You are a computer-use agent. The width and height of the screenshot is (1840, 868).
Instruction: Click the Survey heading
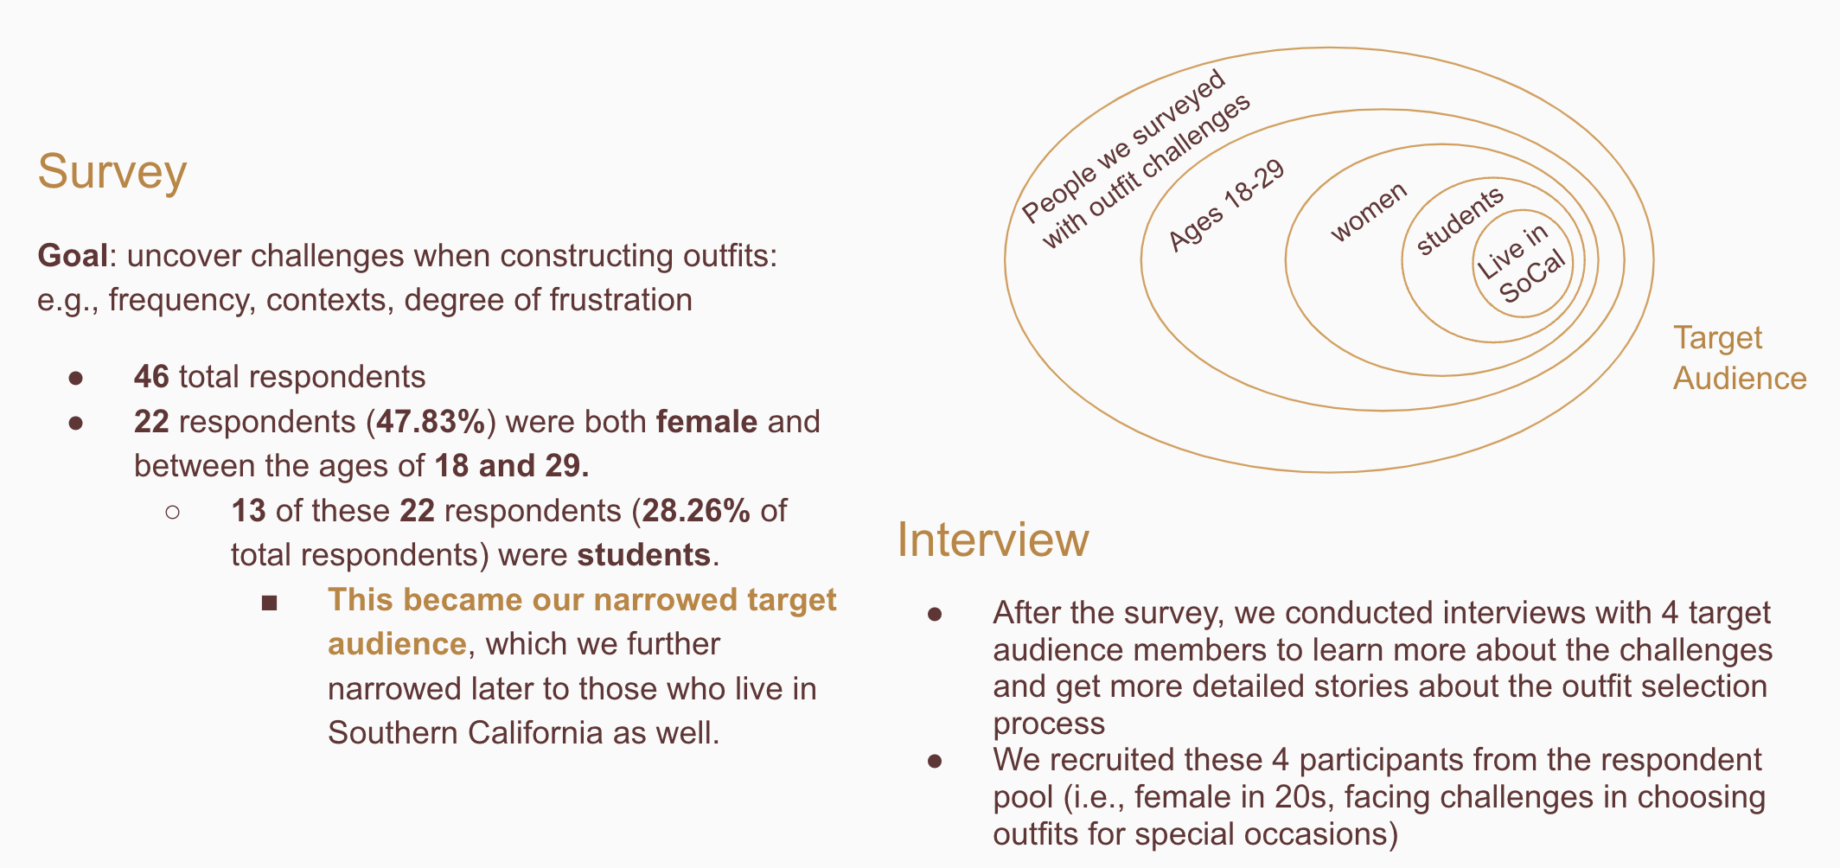(x=112, y=171)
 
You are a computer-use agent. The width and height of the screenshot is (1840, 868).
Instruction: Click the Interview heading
(x=993, y=539)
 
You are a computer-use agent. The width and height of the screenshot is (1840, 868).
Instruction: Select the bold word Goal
(x=73, y=256)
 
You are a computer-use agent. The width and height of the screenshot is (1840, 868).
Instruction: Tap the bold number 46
(x=151, y=377)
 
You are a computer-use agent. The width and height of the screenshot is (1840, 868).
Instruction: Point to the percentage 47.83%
(x=431, y=422)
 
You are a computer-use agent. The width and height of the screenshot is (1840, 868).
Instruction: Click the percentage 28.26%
(x=695, y=511)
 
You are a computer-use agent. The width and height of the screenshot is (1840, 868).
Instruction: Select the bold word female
(x=706, y=422)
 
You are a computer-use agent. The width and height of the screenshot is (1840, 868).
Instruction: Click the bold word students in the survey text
(x=644, y=555)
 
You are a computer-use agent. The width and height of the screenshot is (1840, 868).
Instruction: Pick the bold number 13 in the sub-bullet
(x=248, y=511)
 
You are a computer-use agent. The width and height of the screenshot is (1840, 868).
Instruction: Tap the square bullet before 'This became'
(x=269, y=603)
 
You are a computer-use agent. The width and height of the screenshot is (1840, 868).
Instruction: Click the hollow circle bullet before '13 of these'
(x=172, y=512)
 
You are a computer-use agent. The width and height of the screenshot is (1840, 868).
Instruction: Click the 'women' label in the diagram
(x=1369, y=212)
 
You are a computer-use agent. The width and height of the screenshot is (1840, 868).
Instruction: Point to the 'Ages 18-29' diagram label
(x=1226, y=206)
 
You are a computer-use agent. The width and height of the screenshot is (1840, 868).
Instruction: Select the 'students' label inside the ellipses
(x=1460, y=221)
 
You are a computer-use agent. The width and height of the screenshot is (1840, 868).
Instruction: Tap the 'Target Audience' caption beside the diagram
(x=1738, y=358)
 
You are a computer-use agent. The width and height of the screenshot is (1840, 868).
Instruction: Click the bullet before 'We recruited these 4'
(x=935, y=761)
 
